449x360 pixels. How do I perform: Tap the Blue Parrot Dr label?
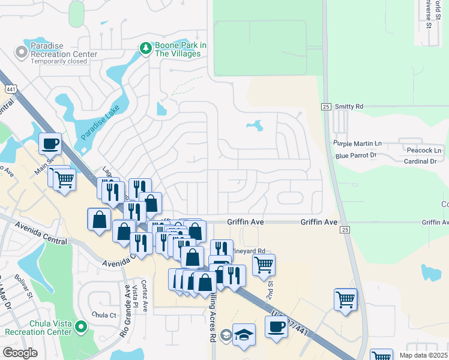(356, 155)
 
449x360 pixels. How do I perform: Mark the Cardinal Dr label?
(420, 161)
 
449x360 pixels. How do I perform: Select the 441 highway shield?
(11, 88)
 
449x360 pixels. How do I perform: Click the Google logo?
(20, 353)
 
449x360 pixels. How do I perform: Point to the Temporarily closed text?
(59, 61)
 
